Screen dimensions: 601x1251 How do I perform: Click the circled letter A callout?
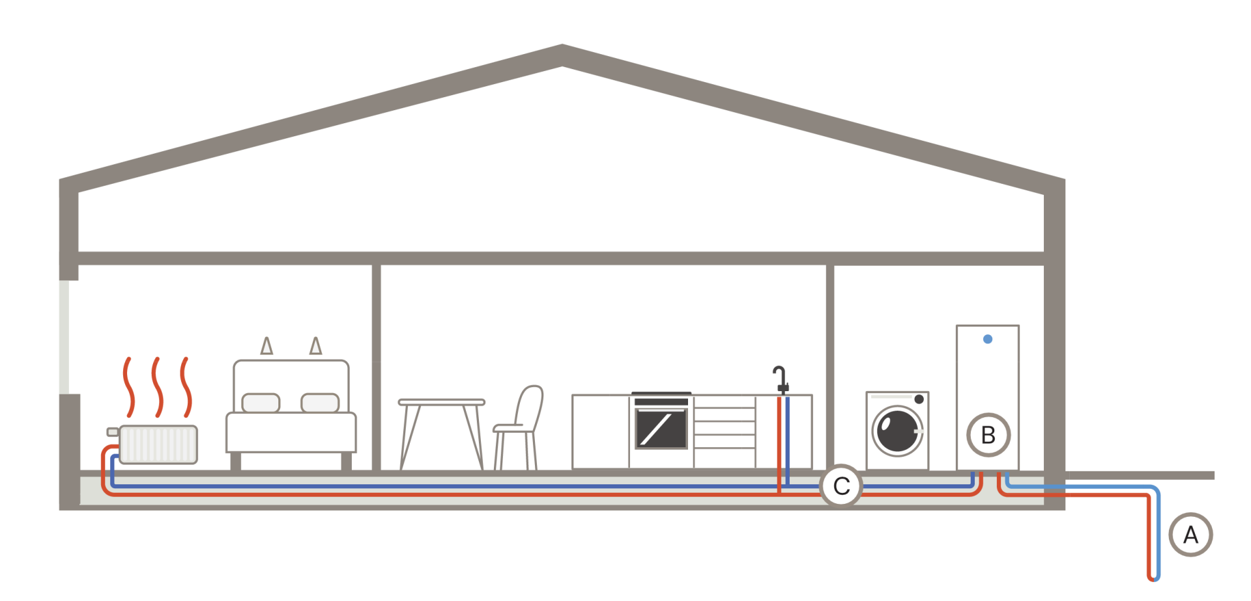(x=1190, y=535)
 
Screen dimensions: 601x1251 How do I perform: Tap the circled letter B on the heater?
(x=988, y=435)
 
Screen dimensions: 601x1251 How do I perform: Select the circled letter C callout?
(x=841, y=486)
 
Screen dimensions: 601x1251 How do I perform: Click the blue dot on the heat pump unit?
(x=988, y=339)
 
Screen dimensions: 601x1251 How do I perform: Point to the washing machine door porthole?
(x=898, y=430)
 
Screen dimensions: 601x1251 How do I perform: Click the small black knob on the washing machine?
(x=919, y=399)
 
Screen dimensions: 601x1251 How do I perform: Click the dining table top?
(x=442, y=402)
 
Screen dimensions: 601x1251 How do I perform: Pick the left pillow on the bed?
(x=261, y=403)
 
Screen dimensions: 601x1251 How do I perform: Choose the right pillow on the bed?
(x=320, y=403)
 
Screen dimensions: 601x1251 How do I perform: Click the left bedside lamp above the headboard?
(x=266, y=346)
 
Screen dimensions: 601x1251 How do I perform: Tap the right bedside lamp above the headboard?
(x=316, y=346)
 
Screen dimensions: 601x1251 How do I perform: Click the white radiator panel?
(x=158, y=445)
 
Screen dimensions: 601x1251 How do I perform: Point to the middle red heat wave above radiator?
(x=157, y=387)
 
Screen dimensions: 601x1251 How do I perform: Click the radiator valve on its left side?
(x=112, y=432)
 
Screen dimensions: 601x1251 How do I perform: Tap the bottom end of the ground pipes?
(x=1153, y=578)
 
